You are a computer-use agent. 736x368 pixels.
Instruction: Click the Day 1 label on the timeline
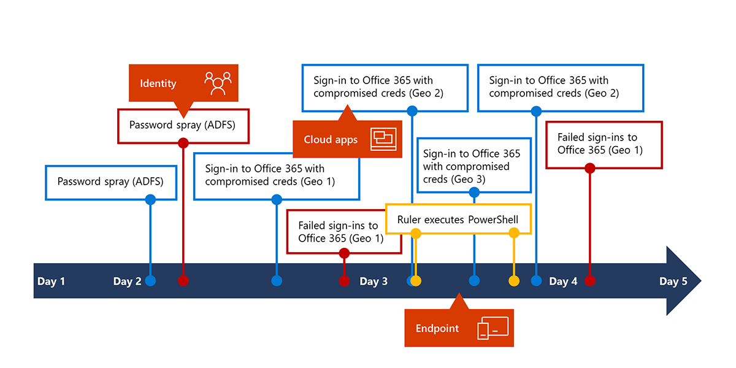click(51, 282)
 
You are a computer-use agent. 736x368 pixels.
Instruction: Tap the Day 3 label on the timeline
click(374, 282)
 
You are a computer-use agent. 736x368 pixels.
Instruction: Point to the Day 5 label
click(673, 282)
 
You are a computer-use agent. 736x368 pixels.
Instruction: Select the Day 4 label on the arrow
click(562, 282)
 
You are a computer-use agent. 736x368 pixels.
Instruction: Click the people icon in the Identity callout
click(218, 83)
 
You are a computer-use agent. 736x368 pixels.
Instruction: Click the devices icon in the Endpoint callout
click(493, 328)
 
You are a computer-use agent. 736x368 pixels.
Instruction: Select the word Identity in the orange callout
click(158, 83)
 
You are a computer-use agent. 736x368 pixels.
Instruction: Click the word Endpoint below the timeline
click(437, 328)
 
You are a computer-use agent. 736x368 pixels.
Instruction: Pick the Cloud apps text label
click(331, 140)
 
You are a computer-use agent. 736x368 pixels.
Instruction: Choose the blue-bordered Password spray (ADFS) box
click(110, 182)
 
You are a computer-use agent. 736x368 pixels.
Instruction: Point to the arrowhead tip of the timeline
click(699, 281)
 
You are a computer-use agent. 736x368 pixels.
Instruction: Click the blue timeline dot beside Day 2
click(150, 281)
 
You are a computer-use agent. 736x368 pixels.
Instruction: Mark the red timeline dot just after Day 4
click(590, 281)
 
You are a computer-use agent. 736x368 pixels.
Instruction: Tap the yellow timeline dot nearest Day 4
click(514, 281)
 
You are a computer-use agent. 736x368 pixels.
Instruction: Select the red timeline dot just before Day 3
click(344, 281)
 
